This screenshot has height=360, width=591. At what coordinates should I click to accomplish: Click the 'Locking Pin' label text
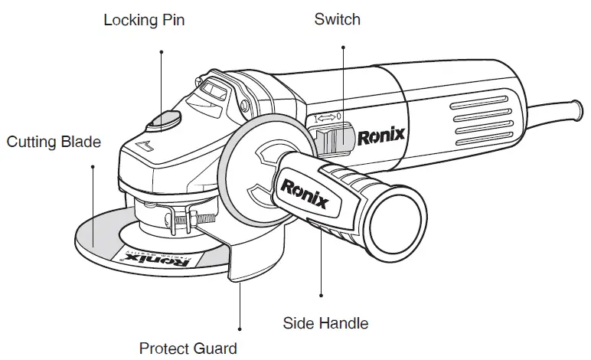[144, 20]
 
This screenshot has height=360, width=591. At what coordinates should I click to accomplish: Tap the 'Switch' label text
[337, 19]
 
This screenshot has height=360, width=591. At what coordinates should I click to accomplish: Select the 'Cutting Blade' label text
[53, 142]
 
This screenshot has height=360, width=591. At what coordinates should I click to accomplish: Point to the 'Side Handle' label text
[325, 322]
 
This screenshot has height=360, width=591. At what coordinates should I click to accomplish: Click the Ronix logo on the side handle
[305, 195]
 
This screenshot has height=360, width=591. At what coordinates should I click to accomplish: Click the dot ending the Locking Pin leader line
[162, 52]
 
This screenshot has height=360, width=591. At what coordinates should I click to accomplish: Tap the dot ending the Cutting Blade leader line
[93, 167]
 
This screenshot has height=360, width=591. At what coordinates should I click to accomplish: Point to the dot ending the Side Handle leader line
[321, 294]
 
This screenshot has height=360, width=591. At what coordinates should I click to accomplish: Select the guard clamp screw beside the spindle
[188, 223]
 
